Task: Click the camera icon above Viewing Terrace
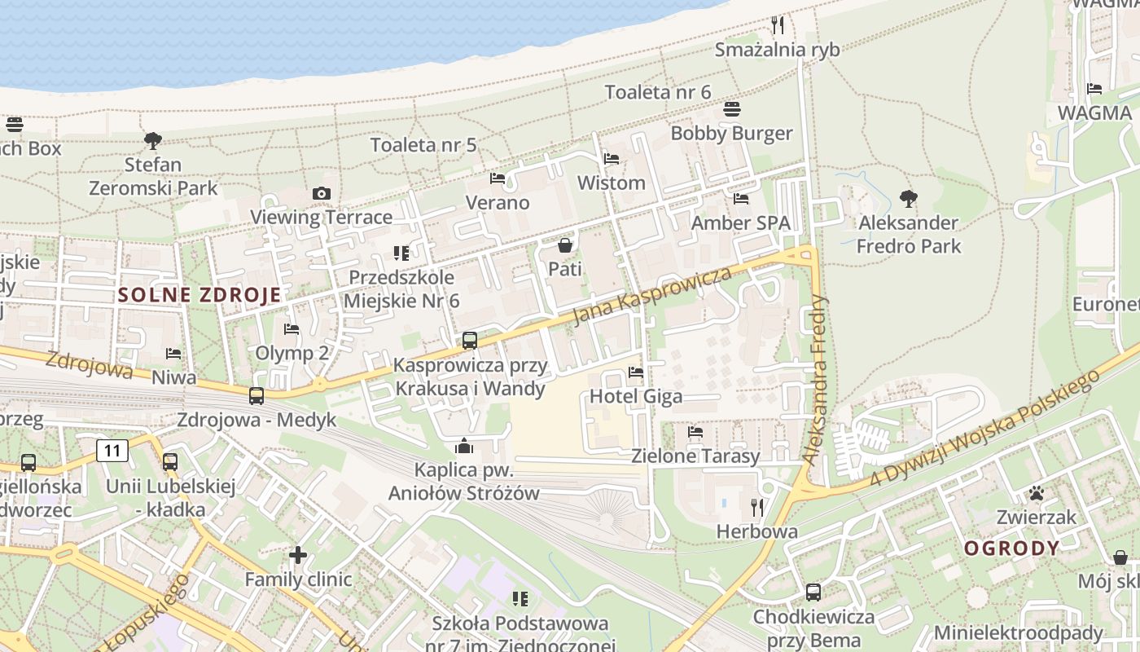click(x=322, y=193)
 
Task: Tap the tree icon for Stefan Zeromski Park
click(x=152, y=140)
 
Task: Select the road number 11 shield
click(x=112, y=450)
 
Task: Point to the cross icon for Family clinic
click(x=298, y=555)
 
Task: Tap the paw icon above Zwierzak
click(x=1036, y=493)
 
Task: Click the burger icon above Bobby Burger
click(x=731, y=109)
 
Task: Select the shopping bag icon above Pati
click(x=564, y=245)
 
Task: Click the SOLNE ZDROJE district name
click(x=199, y=295)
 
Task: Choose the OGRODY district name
click(x=1012, y=548)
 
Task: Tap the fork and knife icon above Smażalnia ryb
click(x=777, y=25)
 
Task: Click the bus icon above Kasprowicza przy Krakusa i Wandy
click(x=470, y=341)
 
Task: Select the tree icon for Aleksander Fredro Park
click(x=908, y=198)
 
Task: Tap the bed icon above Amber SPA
click(x=740, y=198)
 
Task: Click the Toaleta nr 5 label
click(x=423, y=145)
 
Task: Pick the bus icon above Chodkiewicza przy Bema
click(x=813, y=593)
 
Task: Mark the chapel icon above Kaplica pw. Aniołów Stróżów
click(x=464, y=446)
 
